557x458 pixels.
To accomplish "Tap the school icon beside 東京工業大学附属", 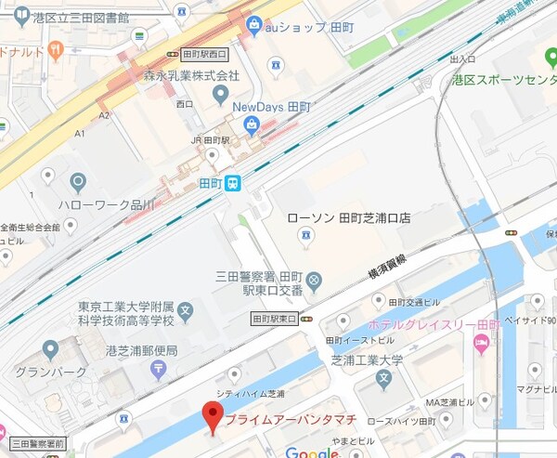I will point(186,309).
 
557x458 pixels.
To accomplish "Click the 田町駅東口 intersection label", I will point(274,319).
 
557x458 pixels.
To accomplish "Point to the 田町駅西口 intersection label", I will point(205,54).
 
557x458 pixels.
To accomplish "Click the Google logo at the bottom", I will point(312,452).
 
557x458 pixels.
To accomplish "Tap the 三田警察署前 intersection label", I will point(37,444).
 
